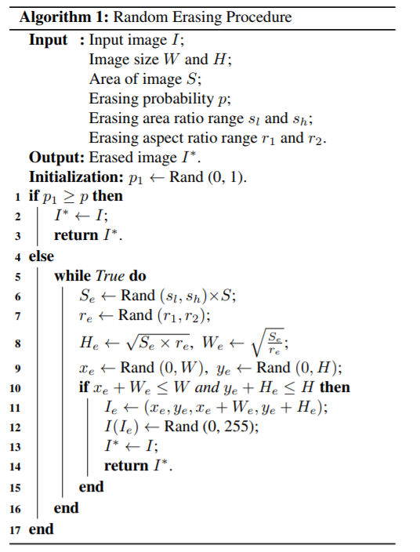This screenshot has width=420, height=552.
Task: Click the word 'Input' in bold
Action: (48, 40)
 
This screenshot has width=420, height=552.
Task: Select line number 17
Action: (15, 529)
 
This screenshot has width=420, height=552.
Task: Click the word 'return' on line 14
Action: (126, 466)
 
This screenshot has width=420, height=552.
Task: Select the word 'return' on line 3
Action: (75, 235)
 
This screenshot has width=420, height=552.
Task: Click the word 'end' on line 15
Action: (91, 487)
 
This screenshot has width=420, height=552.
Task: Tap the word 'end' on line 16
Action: (67, 508)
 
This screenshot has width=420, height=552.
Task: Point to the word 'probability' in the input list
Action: (175, 99)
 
